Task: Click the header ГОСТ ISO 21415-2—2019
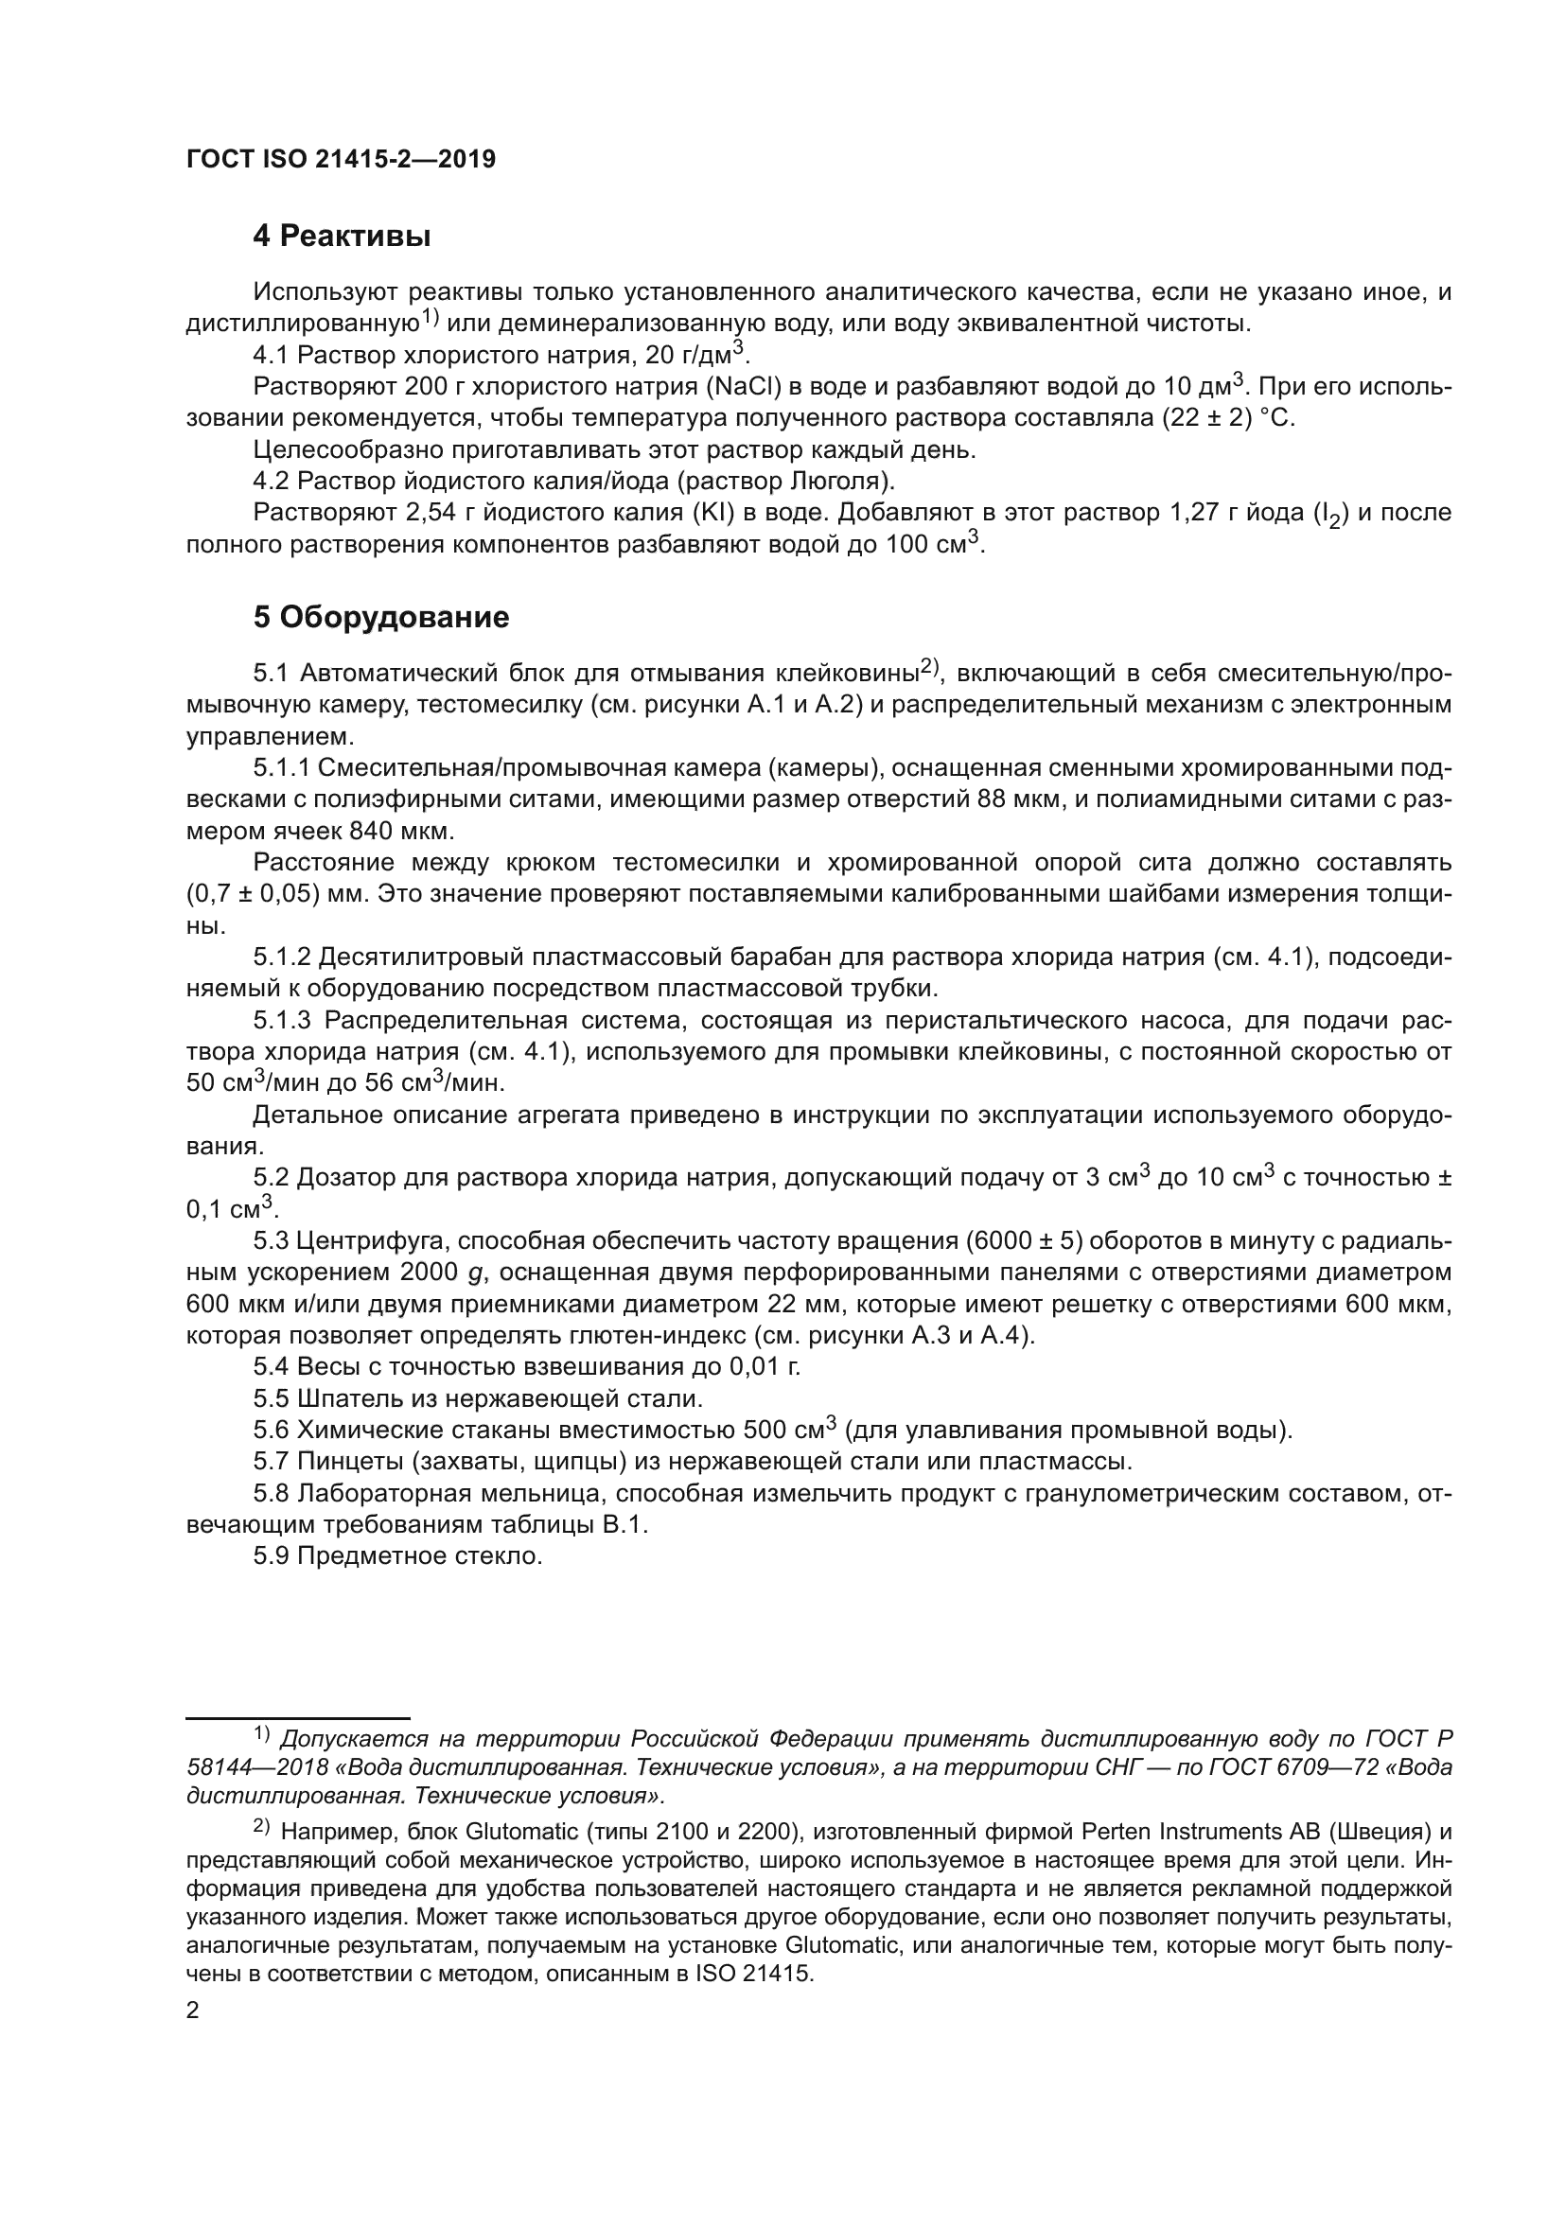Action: (x=342, y=160)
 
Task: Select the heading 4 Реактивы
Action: (x=342, y=237)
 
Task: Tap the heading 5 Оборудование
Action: (x=380, y=618)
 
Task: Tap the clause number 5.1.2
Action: (x=281, y=958)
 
